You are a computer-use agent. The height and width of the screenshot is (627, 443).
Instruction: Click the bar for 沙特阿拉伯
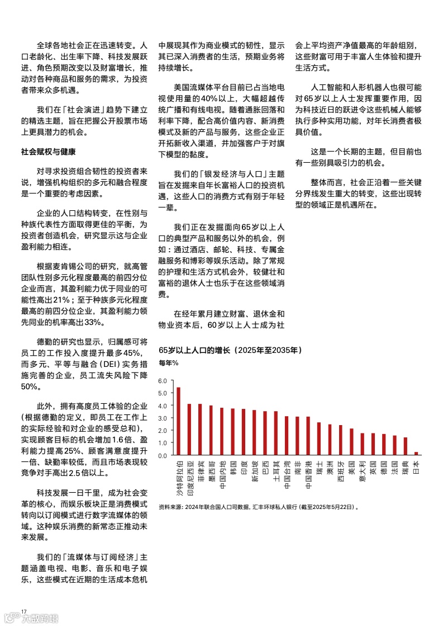click(178, 421)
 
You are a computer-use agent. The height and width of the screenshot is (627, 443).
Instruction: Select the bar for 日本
click(416, 454)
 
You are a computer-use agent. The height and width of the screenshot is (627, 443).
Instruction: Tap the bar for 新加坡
click(254, 433)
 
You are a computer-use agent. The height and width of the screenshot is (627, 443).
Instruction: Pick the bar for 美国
click(351, 442)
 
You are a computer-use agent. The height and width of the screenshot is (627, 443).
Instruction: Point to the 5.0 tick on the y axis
click(163, 393)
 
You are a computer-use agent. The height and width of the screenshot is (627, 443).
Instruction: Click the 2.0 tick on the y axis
click(163, 430)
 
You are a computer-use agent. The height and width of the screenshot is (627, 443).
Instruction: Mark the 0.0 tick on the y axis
click(163, 455)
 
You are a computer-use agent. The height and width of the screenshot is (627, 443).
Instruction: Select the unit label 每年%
click(169, 363)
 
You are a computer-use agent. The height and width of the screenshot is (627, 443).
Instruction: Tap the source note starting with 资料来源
click(258, 507)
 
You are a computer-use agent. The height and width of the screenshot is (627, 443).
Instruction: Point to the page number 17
click(23, 610)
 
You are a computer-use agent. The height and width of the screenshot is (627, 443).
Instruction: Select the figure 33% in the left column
click(93, 322)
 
